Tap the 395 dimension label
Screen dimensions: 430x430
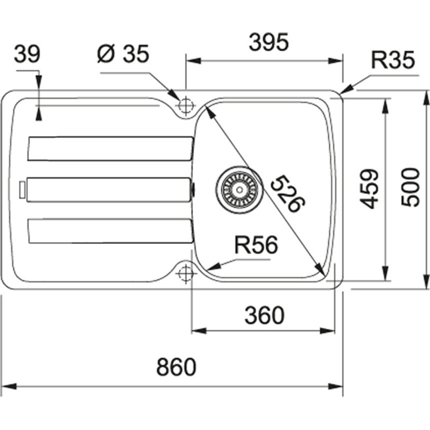(269, 42)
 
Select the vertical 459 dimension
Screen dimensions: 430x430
(369, 189)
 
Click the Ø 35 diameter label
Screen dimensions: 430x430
(123, 54)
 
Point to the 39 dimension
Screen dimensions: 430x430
(27, 54)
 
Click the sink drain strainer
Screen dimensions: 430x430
(240, 189)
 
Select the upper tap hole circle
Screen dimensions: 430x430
(185, 105)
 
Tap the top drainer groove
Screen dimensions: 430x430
(110, 148)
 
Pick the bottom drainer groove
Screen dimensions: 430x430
(110, 230)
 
